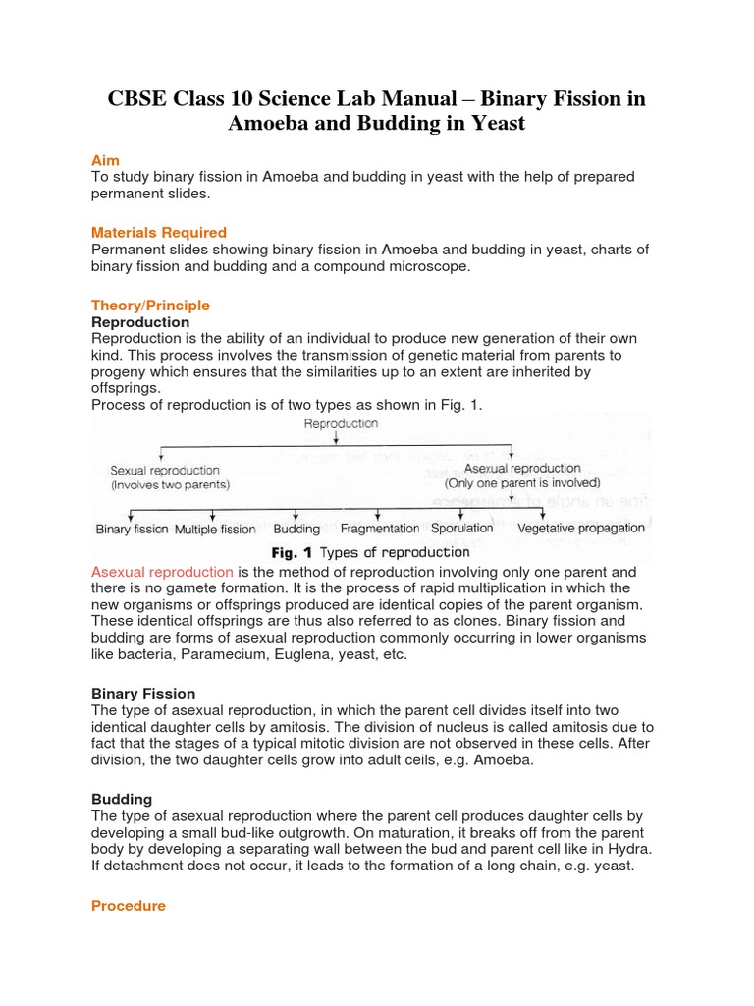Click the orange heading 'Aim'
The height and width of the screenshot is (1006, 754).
105,160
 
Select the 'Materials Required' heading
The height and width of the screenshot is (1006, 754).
158,233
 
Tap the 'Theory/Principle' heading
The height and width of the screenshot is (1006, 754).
150,306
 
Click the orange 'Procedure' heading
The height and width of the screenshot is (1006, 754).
129,906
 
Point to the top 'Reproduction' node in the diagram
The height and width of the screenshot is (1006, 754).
341,424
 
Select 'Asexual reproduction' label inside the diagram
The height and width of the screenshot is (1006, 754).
522,469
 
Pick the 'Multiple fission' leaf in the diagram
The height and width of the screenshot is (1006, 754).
215,530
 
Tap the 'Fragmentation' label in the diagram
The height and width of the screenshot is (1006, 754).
380,529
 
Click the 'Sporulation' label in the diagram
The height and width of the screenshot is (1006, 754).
461,528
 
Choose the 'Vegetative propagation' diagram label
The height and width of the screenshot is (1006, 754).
581,528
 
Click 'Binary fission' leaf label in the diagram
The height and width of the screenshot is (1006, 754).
133,530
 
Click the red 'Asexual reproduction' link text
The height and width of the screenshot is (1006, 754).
162,572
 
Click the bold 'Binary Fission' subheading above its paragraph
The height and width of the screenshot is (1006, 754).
143,694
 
